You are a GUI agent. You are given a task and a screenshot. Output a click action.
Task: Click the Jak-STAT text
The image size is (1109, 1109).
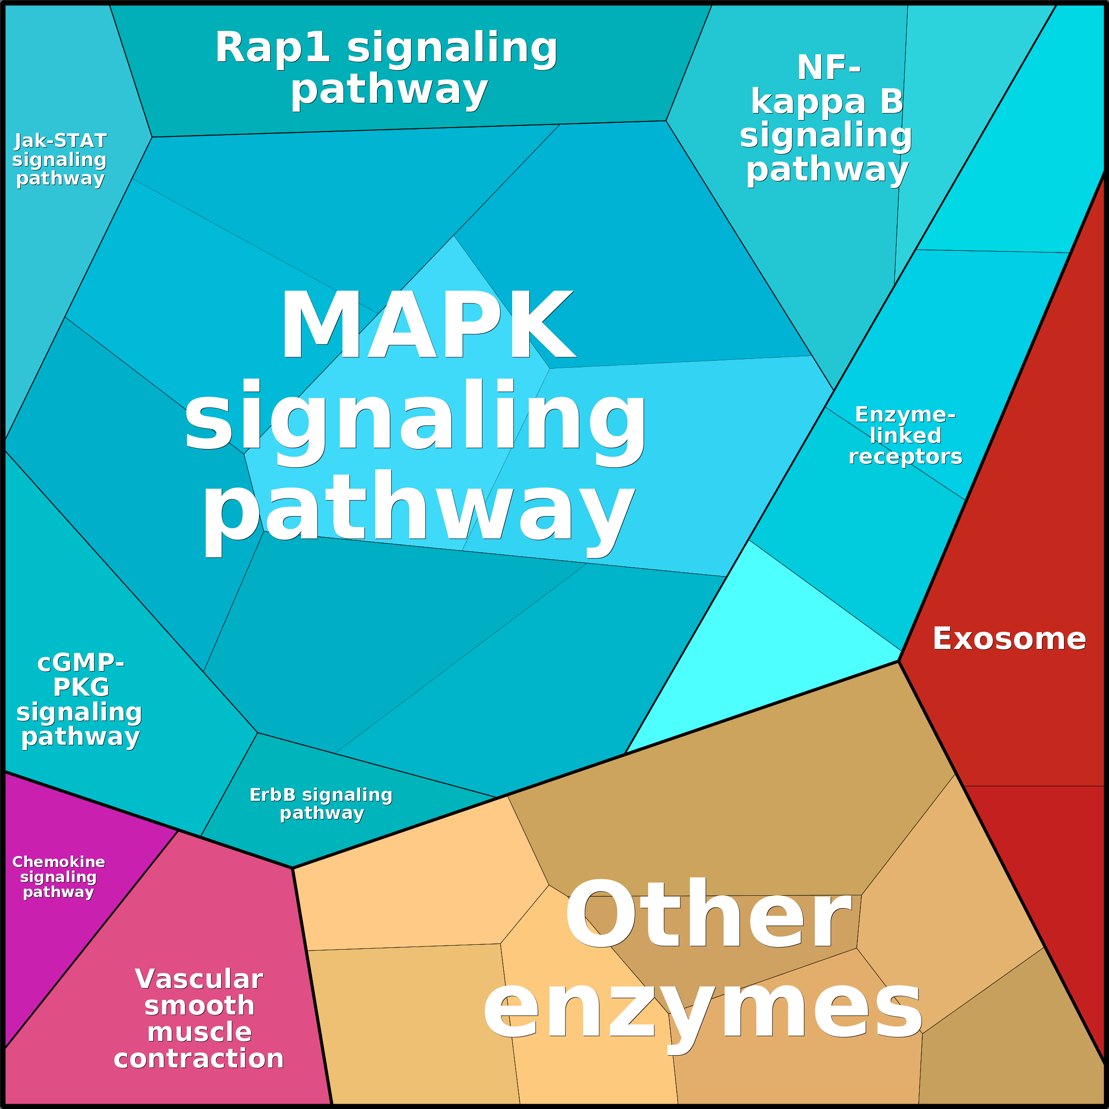pyautogui.click(x=60, y=141)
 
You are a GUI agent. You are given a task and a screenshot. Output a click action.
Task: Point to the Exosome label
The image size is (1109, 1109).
pyautogui.click(x=1009, y=639)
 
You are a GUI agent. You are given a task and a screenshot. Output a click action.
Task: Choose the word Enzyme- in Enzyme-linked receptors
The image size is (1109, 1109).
pyautogui.click(x=905, y=415)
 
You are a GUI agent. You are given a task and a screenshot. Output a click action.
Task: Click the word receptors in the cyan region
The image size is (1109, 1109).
pyautogui.click(x=905, y=457)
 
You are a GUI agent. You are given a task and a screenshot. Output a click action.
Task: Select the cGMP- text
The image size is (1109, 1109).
pyautogui.click(x=80, y=663)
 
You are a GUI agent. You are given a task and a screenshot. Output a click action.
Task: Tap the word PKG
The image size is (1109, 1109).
pyautogui.click(x=81, y=687)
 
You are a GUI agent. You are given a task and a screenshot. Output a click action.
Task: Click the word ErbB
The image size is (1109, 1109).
pyautogui.click(x=273, y=795)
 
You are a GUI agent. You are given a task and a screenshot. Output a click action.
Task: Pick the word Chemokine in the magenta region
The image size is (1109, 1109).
pyautogui.click(x=59, y=862)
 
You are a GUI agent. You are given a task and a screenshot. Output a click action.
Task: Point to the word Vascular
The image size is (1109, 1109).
pyautogui.click(x=199, y=979)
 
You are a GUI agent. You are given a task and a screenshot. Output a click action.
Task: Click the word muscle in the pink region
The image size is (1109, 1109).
pyautogui.click(x=199, y=1032)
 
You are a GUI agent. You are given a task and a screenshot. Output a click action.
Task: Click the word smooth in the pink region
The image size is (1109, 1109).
pyautogui.click(x=199, y=1006)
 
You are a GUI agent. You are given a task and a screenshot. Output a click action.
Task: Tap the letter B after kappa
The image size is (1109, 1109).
pyautogui.click(x=891, y=102)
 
